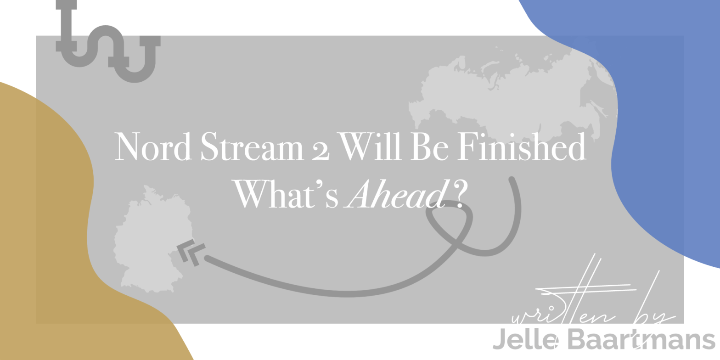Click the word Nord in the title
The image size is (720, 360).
(153, 146)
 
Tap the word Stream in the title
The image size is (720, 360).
(252, 146)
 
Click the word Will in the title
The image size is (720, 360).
(370, 146)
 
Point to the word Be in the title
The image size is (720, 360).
(429, 146)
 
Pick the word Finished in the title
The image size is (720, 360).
(522, 146)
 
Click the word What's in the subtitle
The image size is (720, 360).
(286, 193)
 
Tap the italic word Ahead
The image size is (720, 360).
(396, 193)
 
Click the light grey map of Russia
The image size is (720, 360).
(511, 96)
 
